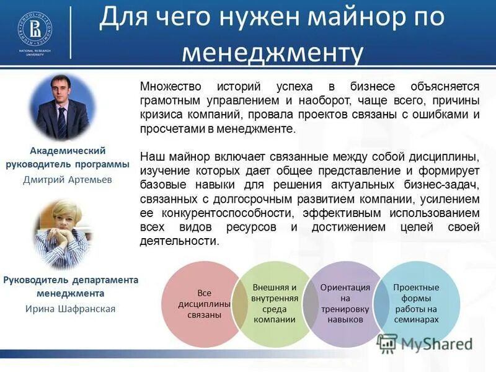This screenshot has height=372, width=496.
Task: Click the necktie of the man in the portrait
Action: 62,122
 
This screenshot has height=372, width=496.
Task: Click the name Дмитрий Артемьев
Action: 68,180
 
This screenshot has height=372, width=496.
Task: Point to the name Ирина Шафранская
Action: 70,308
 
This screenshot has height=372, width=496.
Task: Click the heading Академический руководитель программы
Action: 68,157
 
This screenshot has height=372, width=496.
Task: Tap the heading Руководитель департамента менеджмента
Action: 70,286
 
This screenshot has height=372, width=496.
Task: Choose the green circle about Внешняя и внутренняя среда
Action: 275,304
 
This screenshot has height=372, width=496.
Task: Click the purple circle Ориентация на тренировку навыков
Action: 345,303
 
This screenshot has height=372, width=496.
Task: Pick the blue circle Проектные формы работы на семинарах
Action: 416,303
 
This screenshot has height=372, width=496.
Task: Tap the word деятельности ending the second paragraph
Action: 180,242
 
